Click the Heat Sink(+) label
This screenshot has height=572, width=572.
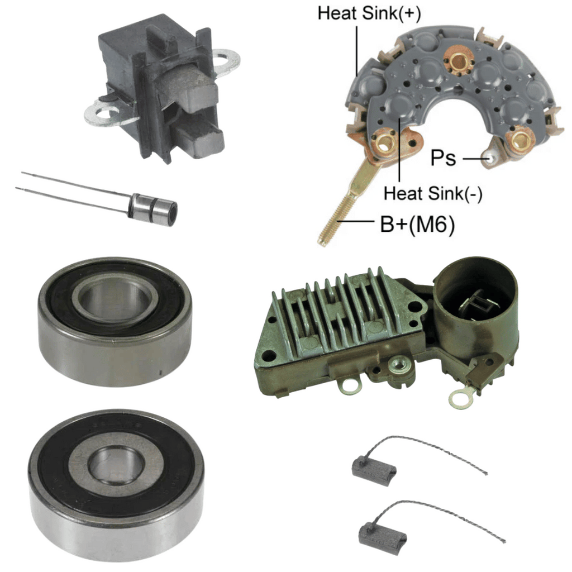point(369,13)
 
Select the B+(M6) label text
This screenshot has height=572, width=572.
point(417,224)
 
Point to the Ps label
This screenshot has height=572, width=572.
point(443,158)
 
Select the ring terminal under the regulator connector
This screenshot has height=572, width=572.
point(460,399)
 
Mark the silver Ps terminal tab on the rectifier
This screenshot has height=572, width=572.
point(490,156)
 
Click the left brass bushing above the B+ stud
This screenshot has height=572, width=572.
point(384,145)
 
